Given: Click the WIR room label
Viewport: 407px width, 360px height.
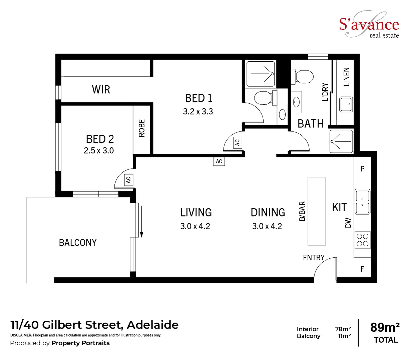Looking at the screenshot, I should pos(101,89).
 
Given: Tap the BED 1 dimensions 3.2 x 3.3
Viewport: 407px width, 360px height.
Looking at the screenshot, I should pos(198,112).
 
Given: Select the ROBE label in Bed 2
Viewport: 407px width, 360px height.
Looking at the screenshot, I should pos(142,128).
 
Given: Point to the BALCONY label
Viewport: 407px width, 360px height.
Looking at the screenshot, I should pos(78,243).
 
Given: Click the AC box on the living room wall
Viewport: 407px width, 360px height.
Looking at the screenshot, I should pos(219,161).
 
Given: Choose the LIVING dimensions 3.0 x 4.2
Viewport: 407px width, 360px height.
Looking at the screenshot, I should pos(195,226).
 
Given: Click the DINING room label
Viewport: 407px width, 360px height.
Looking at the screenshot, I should pos(268,212).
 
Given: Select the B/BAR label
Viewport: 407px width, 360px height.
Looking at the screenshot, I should pos(302,211).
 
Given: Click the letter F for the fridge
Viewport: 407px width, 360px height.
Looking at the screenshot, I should pos(362,269).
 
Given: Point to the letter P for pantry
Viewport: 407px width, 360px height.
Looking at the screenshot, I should pos(363,169).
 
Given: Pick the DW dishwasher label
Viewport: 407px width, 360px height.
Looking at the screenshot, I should pos(348,223).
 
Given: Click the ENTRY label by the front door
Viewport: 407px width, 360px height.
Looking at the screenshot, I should pos(314,258).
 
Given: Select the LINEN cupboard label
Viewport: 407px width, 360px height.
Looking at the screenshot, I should pos(347,77).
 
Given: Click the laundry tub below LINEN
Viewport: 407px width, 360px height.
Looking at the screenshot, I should pos(345,104).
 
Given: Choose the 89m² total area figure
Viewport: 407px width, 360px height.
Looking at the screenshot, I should pos(385,327).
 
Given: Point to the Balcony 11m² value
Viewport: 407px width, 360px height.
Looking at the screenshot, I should pos(344,336).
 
